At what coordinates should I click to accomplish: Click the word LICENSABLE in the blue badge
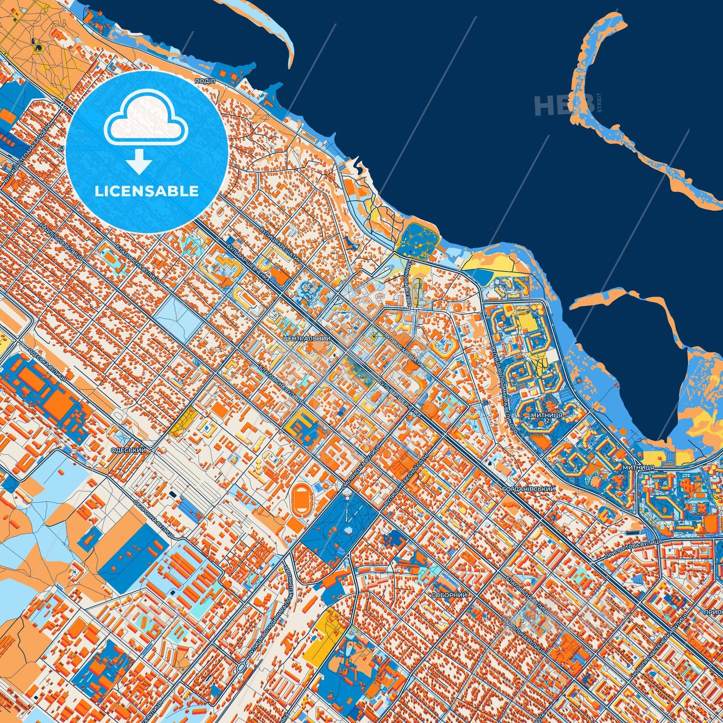tap(147, 191)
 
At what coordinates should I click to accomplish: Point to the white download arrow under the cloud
tap(140, 162)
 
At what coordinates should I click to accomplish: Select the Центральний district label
tap(307, 339)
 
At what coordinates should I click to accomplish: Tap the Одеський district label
tap(129, 450)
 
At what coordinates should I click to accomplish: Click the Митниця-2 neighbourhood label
tap(547, 416)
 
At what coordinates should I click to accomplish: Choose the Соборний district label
tap(449, 595)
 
